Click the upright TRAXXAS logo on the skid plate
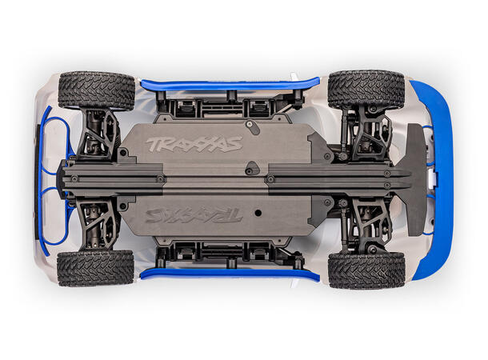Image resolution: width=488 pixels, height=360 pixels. pyautogui.click(x=194, y=145)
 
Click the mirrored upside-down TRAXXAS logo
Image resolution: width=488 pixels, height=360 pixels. pyautogui.click(x=194, y=215)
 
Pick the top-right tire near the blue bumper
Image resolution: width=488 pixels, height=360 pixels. pyautogui.click(x=366, y=90)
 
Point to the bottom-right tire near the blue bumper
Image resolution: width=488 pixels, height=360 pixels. pyautogui.click(x=366, y=270)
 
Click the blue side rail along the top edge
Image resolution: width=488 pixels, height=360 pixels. pyautogui.click(x=228, y=82)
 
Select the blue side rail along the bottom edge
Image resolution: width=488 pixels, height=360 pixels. pyautogui.click(x=228, y=275)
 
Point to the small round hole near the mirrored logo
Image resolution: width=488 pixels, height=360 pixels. pyautogui.click(x=257, y=214)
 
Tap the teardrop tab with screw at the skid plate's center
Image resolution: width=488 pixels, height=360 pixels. pyautogui.click(x=252, y=169)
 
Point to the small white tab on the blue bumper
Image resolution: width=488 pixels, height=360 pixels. pyautogui.click(x=433, y=179)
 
